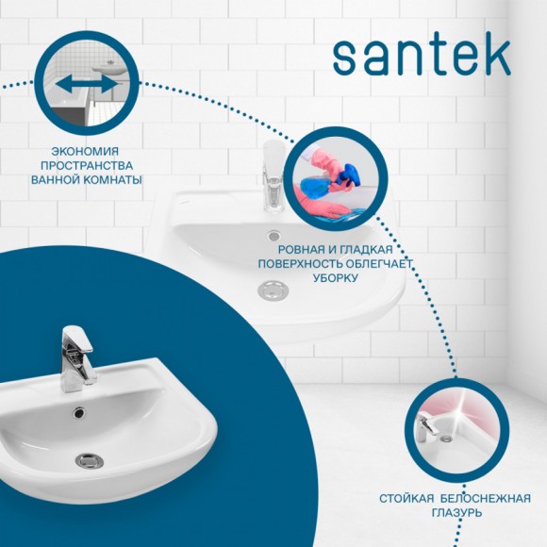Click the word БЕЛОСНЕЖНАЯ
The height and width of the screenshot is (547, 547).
[484, 498]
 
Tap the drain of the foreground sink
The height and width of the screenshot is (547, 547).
[88, 460]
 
